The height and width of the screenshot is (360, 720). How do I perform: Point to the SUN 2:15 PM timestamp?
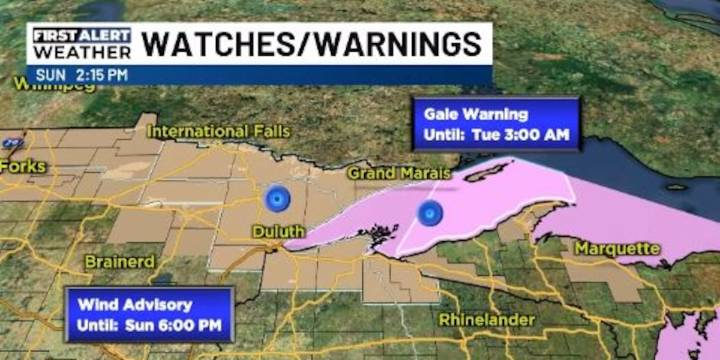[x=82, y=74]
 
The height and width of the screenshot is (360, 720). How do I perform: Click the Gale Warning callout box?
[x=497, y=124]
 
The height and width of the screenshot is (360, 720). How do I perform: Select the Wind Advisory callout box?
[x=148, y=313]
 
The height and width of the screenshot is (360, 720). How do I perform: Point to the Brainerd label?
[x=119, y=261]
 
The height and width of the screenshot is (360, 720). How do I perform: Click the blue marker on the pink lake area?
[x=430, y=212]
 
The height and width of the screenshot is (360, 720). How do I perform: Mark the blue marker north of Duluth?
[x=277, y=199]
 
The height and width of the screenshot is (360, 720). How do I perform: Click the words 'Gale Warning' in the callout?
[x=469, y=113]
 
